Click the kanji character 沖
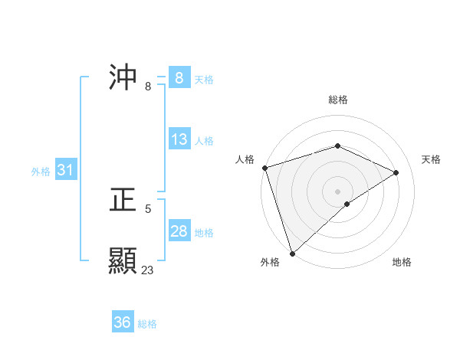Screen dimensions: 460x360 click(123, 77)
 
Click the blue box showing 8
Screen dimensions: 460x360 click(179, 77)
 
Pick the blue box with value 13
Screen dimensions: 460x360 click(179, 139)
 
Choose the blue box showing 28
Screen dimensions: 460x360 click(179, 231)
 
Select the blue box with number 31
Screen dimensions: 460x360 click(65, 170)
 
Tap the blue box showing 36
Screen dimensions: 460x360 click(123, 322)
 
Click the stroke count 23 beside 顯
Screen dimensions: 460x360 click(147, 270)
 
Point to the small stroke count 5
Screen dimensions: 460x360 click(148, 208)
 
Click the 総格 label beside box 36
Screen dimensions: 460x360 click(147, 324)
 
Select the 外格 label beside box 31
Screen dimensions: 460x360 click(41, 172)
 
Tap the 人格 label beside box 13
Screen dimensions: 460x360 click(204, 141)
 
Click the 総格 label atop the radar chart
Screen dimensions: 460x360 click(337, 100)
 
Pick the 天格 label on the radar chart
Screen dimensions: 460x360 click(431, 159)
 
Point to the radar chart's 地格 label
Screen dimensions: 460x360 click(402, 262)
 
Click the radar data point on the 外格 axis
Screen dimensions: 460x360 click(292, 253)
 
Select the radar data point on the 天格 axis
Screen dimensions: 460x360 click(396, 172)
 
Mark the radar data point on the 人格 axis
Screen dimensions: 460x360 click(264, 168)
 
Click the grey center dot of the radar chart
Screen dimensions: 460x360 click(337, 191)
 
